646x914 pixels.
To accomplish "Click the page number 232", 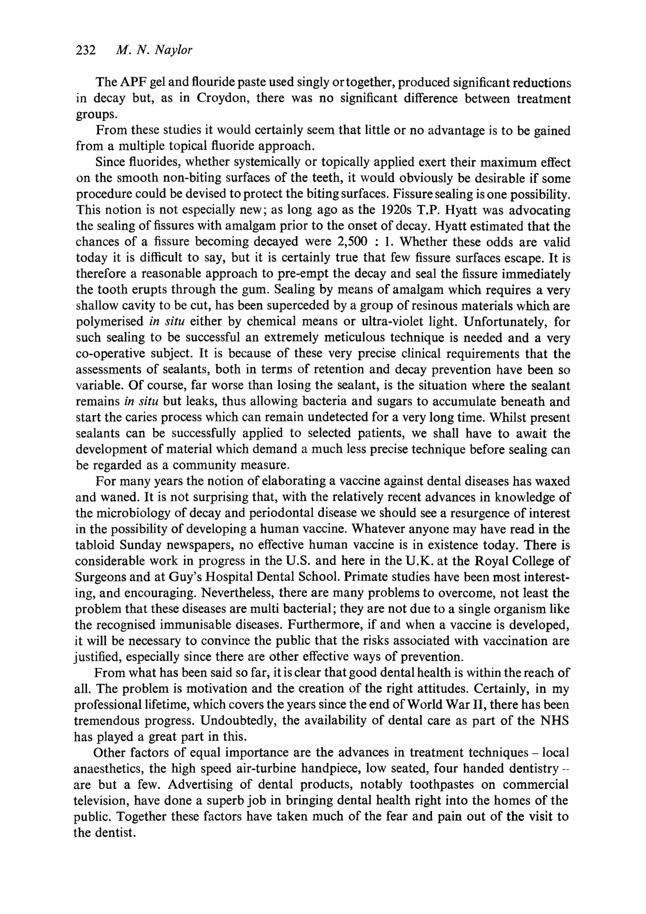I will click(x=86, y=50).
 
